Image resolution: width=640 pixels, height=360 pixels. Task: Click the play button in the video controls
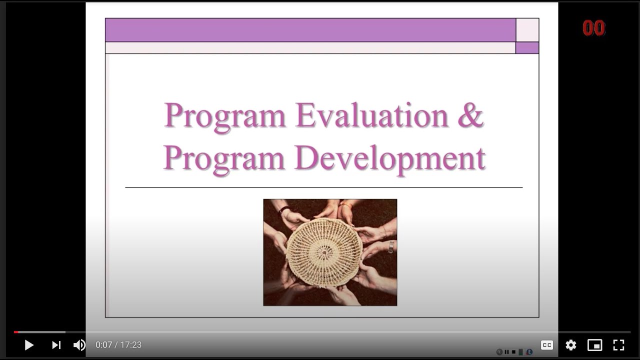tap(29, 345)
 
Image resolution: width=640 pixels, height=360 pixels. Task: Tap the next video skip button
tap(56, 345)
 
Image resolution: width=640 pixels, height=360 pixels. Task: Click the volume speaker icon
tap(79, 345)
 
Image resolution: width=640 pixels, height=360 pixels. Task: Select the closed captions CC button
tap(547, 345)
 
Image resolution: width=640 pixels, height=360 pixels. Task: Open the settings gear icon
tap(571, 345)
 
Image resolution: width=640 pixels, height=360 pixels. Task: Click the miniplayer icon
tap(594, 345)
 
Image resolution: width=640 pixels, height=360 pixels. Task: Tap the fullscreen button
tap(618, 345)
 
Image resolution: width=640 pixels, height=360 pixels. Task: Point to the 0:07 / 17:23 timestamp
tap(118, 345)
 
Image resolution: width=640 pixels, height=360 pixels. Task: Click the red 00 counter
tap(593, 28)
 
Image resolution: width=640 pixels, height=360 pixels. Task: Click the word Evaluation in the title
tap(372, 116)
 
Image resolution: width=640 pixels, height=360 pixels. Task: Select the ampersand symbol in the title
tap(470, 116)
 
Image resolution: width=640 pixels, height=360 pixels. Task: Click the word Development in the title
tap(390, 158)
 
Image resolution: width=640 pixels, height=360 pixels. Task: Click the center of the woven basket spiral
tap(324, 252)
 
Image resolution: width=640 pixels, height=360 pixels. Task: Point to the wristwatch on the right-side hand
tap(390, 246)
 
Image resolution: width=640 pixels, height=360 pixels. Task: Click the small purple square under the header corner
tap(527, 48)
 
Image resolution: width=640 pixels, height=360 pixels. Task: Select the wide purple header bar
tap(310, 30)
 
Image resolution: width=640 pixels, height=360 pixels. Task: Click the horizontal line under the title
tap(324, 187)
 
